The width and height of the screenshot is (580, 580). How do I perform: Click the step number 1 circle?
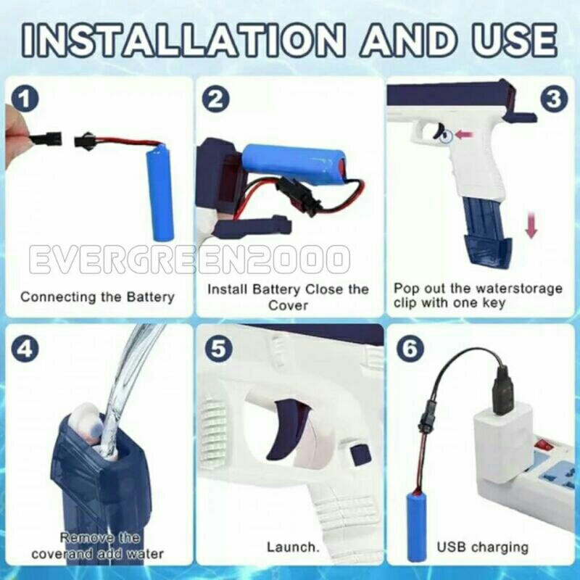click(x=25, y=99)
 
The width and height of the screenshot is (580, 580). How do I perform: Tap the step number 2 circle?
click(x=215, y=99)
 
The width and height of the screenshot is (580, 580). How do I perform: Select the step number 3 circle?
click(x=554, y=99)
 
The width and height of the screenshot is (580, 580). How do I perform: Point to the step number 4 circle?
click(x=25, y=349)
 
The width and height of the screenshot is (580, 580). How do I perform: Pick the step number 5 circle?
click(x=218, y=349)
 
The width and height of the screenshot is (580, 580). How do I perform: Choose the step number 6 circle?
click(x=410, y=349)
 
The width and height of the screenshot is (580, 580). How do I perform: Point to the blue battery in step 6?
click(x=415, y=525)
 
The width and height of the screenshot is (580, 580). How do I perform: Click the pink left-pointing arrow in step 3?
click(x=464, y=135)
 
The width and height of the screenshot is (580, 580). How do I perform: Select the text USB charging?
click(x=483, y=547)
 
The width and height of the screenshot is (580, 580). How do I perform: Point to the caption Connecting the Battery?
click(x=97, y=297)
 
